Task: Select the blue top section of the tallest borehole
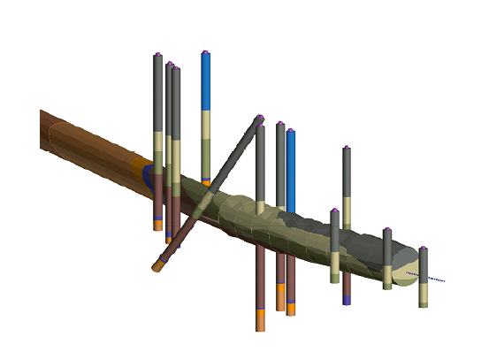pyautogui.click(x=205, y=81)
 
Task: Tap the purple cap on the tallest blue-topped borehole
pyautogui.click(x=205, y=52)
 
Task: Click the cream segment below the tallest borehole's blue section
pyautogui.click(x=205, y=124)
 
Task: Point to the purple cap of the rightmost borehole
pyautogui.click(x=424, y=249)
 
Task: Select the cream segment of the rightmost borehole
pyautogui.click(x=424, y=293)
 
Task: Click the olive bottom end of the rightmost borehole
pyautogui.click(x=424, y=304)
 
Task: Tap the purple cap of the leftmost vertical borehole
pyautogui.click(x=157, y=55)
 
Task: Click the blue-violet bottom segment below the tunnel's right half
pyautogui.click(x=347, y=300)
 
